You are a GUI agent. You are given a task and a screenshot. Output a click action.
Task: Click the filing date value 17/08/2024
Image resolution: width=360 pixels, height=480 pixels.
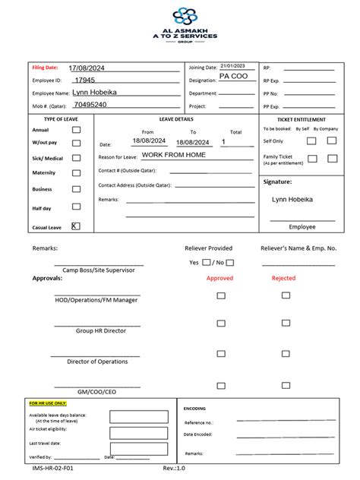86,68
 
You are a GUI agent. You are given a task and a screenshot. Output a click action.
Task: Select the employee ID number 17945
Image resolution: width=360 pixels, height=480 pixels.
84,80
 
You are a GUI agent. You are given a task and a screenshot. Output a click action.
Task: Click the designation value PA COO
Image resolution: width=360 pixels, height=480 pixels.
232,77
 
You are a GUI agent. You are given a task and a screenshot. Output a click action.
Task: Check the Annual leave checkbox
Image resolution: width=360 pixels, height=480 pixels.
76,130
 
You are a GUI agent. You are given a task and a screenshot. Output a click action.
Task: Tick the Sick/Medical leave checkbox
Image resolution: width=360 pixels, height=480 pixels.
76,158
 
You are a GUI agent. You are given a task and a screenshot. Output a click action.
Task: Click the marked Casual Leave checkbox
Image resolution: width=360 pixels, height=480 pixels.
76,226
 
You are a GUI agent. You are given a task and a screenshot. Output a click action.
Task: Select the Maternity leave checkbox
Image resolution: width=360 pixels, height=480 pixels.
76,172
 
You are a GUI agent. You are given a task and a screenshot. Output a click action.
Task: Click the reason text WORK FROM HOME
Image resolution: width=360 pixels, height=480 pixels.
173,155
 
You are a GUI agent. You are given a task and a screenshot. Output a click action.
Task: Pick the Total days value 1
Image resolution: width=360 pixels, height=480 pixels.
224,142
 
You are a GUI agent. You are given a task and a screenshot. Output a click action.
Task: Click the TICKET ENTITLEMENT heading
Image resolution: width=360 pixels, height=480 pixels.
302,119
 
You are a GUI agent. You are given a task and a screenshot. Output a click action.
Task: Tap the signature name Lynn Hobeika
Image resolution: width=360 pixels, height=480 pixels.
292,200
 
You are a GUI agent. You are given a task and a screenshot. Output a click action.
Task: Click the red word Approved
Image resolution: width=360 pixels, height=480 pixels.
220,278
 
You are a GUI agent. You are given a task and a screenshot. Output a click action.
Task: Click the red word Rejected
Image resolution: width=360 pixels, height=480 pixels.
284,278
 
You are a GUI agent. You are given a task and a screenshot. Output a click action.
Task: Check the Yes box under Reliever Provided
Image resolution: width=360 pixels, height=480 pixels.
207,262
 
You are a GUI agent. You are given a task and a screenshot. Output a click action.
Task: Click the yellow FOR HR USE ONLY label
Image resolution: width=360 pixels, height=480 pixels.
48,403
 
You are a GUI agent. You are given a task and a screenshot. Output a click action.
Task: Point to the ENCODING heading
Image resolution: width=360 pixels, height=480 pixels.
195,408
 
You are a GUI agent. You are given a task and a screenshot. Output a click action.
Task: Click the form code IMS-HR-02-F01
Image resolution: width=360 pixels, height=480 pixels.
53,469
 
